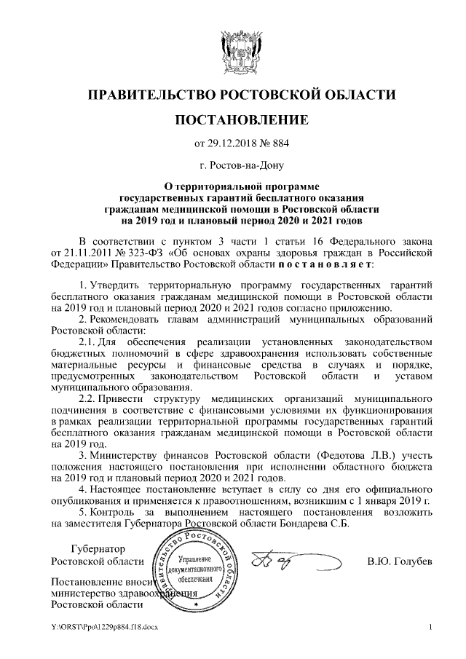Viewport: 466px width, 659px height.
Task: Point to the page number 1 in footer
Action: tap(431, 626)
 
